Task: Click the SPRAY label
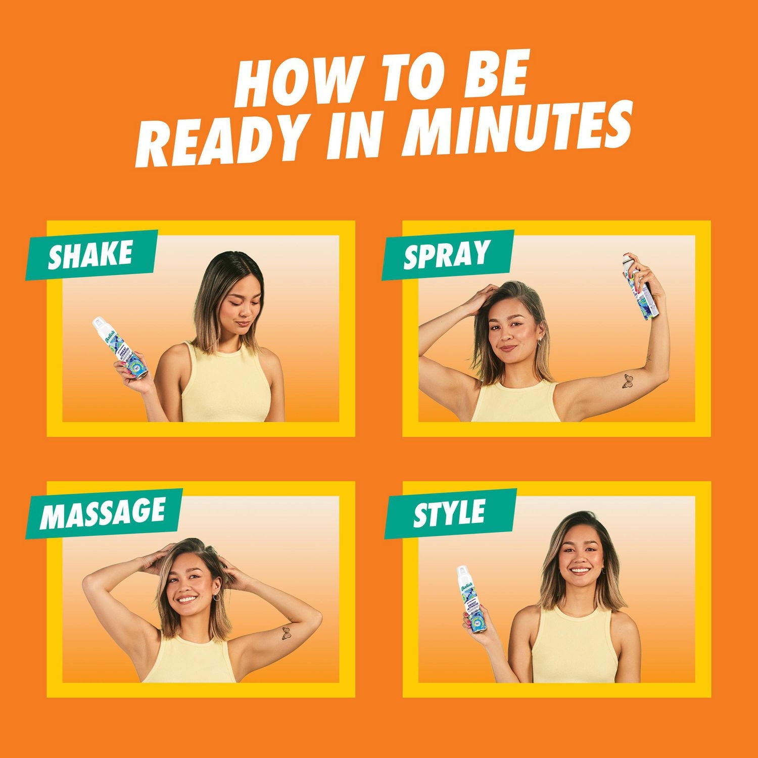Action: pos(447,254)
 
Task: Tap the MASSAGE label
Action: pos(103,512)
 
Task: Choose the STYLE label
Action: pos(449,513)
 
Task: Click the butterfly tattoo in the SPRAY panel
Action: pos(627,381)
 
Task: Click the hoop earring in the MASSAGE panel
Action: pos(216,597)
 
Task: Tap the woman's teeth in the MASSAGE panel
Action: pos(187,600)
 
